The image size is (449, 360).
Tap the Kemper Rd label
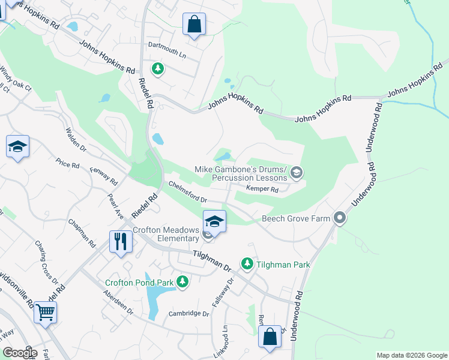(x=262, y=190)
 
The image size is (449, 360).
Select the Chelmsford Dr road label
(x=188, y=192)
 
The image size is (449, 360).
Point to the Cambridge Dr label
(x=188, y=314)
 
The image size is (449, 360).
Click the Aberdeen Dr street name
(x=118, y=302)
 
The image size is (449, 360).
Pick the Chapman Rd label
(x=82, y=234)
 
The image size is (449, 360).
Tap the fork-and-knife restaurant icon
(x=121, y=241)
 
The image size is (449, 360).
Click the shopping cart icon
(x=46, y=311)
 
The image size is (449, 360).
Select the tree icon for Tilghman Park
(x=247, y=263)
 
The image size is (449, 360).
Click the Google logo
(x=20, y=353)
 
